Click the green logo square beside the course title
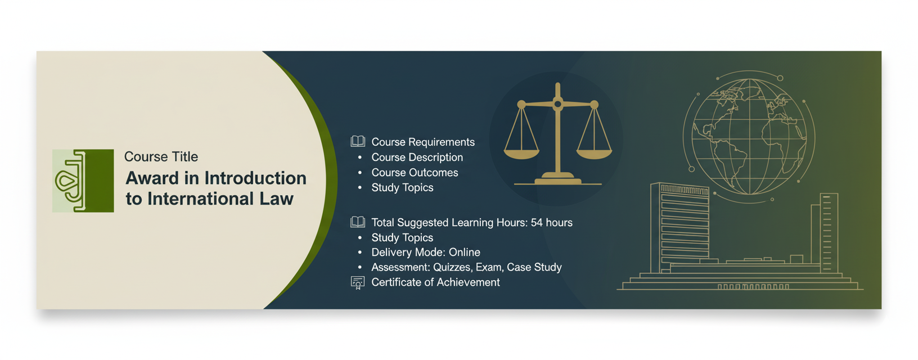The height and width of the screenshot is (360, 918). [83, 181]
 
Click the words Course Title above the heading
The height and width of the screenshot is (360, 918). [161, 156]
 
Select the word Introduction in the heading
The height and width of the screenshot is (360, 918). [255, 178]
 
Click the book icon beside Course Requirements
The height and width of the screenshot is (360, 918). [358, 141]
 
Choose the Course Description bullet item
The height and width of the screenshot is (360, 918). [417, 157]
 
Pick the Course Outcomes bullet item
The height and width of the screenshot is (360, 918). [415, 173]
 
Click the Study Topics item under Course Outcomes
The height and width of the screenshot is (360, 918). [402, 187]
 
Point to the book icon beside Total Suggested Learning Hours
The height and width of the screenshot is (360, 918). [358, 222]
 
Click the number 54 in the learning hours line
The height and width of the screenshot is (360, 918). [537, 222]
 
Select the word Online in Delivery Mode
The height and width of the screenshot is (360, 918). [464, 252]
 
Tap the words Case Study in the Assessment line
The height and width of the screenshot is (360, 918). [534, 267]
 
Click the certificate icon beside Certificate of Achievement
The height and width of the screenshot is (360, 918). [358, 282]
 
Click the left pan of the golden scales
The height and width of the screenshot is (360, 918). [521, 154]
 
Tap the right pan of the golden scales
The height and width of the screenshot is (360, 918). [594, 154]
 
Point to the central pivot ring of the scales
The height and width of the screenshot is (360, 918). [557, 104]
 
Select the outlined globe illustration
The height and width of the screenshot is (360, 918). [750, 137]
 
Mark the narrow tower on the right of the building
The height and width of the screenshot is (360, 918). [829, 232]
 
